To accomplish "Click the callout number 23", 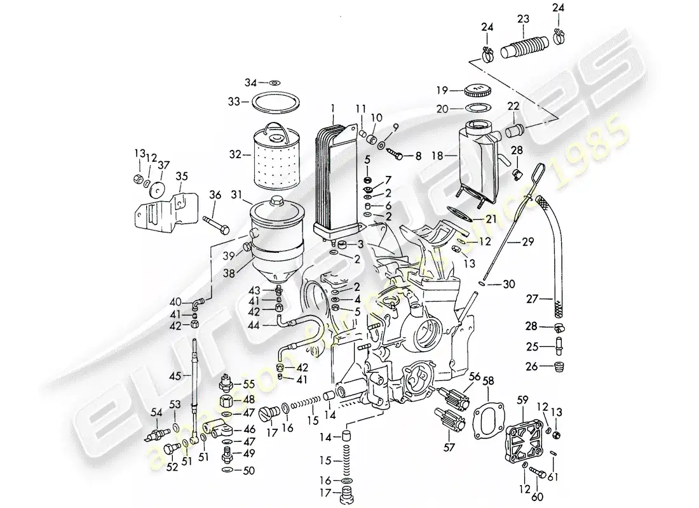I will (x=523, y=20).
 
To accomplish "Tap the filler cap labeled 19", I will (x=480, y=90).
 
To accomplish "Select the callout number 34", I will (x=252, y=83).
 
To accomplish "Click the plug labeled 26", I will (x=559, y=367).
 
